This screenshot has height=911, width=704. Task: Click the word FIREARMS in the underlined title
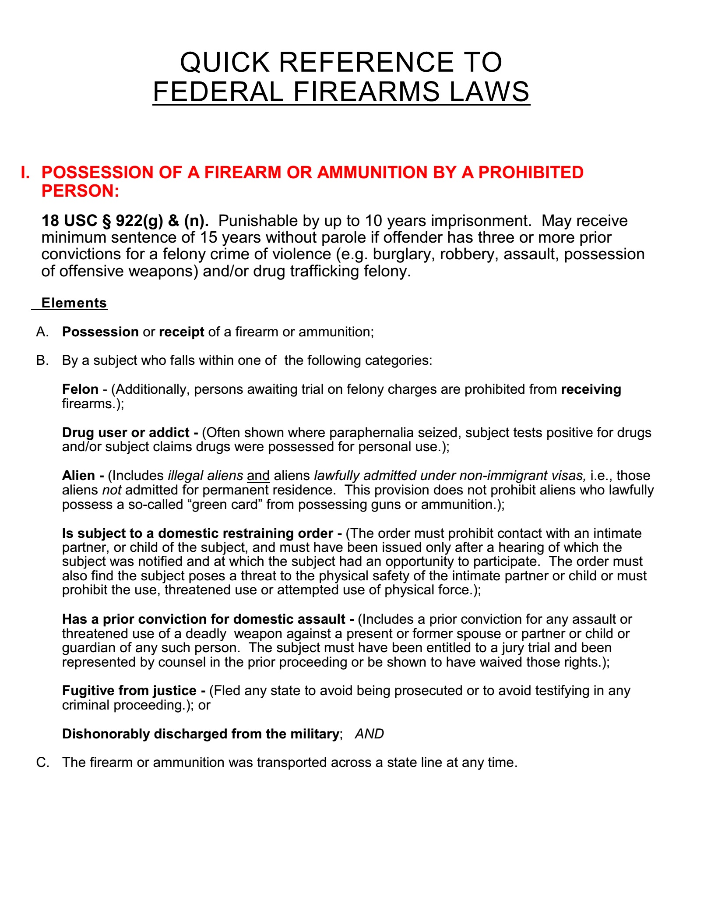pos(366,92)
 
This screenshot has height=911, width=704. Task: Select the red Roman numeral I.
pos(25,173)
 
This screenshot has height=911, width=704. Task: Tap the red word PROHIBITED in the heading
pos(531,173)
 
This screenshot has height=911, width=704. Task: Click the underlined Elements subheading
pos(74,303)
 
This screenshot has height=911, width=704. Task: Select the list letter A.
pos(42,332)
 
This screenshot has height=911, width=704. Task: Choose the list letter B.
pos(42,360)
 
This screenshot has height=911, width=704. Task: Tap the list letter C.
pos(42,763)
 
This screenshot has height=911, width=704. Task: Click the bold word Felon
pos(80,389)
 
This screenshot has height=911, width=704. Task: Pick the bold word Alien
pos(78,476)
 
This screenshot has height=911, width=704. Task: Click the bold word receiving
pos(591,389)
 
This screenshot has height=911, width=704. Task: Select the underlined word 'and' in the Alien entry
pos(258,476)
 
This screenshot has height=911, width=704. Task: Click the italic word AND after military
pos(369,734)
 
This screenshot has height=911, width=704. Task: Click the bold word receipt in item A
pos(181,332)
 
